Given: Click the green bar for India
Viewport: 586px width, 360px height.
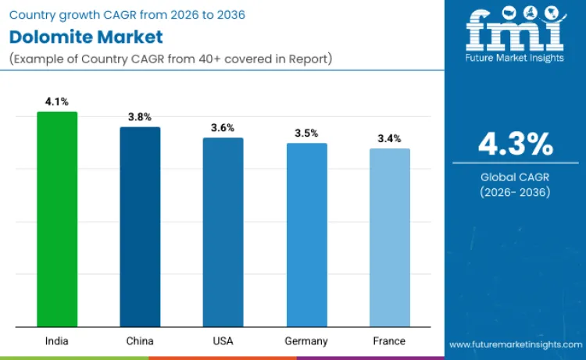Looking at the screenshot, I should [x=57, y=219].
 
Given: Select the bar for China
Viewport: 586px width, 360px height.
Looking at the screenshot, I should [x=140, y=227].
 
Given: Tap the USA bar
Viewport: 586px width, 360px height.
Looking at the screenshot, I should [x=223, y=233].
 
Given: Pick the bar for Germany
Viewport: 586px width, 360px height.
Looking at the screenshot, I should [x=306, y=235].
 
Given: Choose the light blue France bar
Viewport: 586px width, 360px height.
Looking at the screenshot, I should [x=389, y=237].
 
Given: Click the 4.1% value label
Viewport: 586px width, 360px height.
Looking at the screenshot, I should [x=57, y=102].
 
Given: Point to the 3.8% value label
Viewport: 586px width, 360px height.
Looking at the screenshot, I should [x=140, y=117].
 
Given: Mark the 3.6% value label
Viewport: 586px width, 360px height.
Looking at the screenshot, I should [x=223, y=127].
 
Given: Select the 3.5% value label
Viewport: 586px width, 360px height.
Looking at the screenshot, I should [x=306, y=133].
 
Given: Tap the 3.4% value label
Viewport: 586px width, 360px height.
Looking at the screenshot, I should [x=389, y=138].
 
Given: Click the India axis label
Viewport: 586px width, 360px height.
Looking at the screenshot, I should [x=57, y=341].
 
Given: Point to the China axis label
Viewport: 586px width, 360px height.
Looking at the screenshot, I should [x=140, y=341].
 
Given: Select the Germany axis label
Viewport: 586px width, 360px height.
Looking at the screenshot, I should [x=306, y=341].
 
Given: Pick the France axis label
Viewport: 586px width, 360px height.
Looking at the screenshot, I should [x=389, y=341].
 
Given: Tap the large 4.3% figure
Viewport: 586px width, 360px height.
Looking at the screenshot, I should [x=515, y=144].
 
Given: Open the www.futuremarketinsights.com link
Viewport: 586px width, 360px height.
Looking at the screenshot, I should [x=515, y=344].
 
